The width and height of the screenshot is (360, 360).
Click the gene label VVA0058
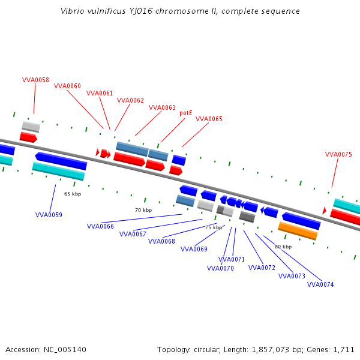(35, 80)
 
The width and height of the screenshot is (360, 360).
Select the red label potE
(186, 112)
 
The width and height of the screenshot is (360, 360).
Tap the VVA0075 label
(338, 154)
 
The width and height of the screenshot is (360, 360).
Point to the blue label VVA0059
(49, 215)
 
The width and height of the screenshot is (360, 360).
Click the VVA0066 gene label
(100, 226)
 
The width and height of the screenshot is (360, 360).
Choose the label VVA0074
(320, 284)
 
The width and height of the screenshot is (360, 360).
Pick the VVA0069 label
(194, 249)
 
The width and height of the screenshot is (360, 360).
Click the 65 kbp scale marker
(73, 194)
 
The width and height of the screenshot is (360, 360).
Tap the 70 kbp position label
(143, 210)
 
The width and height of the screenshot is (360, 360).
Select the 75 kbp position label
(213, 227)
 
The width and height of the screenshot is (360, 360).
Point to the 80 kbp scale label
(283, 247)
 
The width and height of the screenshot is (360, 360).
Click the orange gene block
(298, 230)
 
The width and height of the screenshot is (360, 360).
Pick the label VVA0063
(162, 107)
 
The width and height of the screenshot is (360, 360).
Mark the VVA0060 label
(67, 86)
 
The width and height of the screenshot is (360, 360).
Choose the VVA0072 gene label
(262, 268)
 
